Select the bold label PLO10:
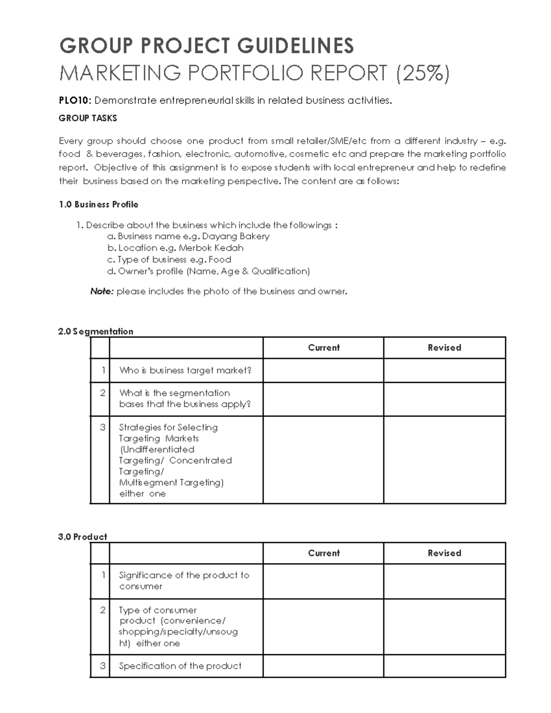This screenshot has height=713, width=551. tap(75, 101)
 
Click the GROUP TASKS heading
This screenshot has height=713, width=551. tap(88, 118)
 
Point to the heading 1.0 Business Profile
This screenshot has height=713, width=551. tap(98, 204)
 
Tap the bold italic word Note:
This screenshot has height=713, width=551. tap(101, 292)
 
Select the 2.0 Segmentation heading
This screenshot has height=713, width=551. tap(96, 331)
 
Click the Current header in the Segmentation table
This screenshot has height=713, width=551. tap(324, 348)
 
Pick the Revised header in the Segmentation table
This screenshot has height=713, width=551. tap(444, 348)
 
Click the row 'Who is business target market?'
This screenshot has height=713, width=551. tap(185, 371)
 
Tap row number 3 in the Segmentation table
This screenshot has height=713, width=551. tap(102, 427)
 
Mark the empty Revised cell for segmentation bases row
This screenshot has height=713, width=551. tap(444, 399)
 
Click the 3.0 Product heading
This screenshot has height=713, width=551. tap(83, 537)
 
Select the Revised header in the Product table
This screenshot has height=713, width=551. tap(444, 553)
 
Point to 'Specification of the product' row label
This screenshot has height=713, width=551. tap(180, 666)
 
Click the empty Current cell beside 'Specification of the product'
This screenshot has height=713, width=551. tap(323, 666)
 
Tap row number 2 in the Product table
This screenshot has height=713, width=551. tap(102, 610)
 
